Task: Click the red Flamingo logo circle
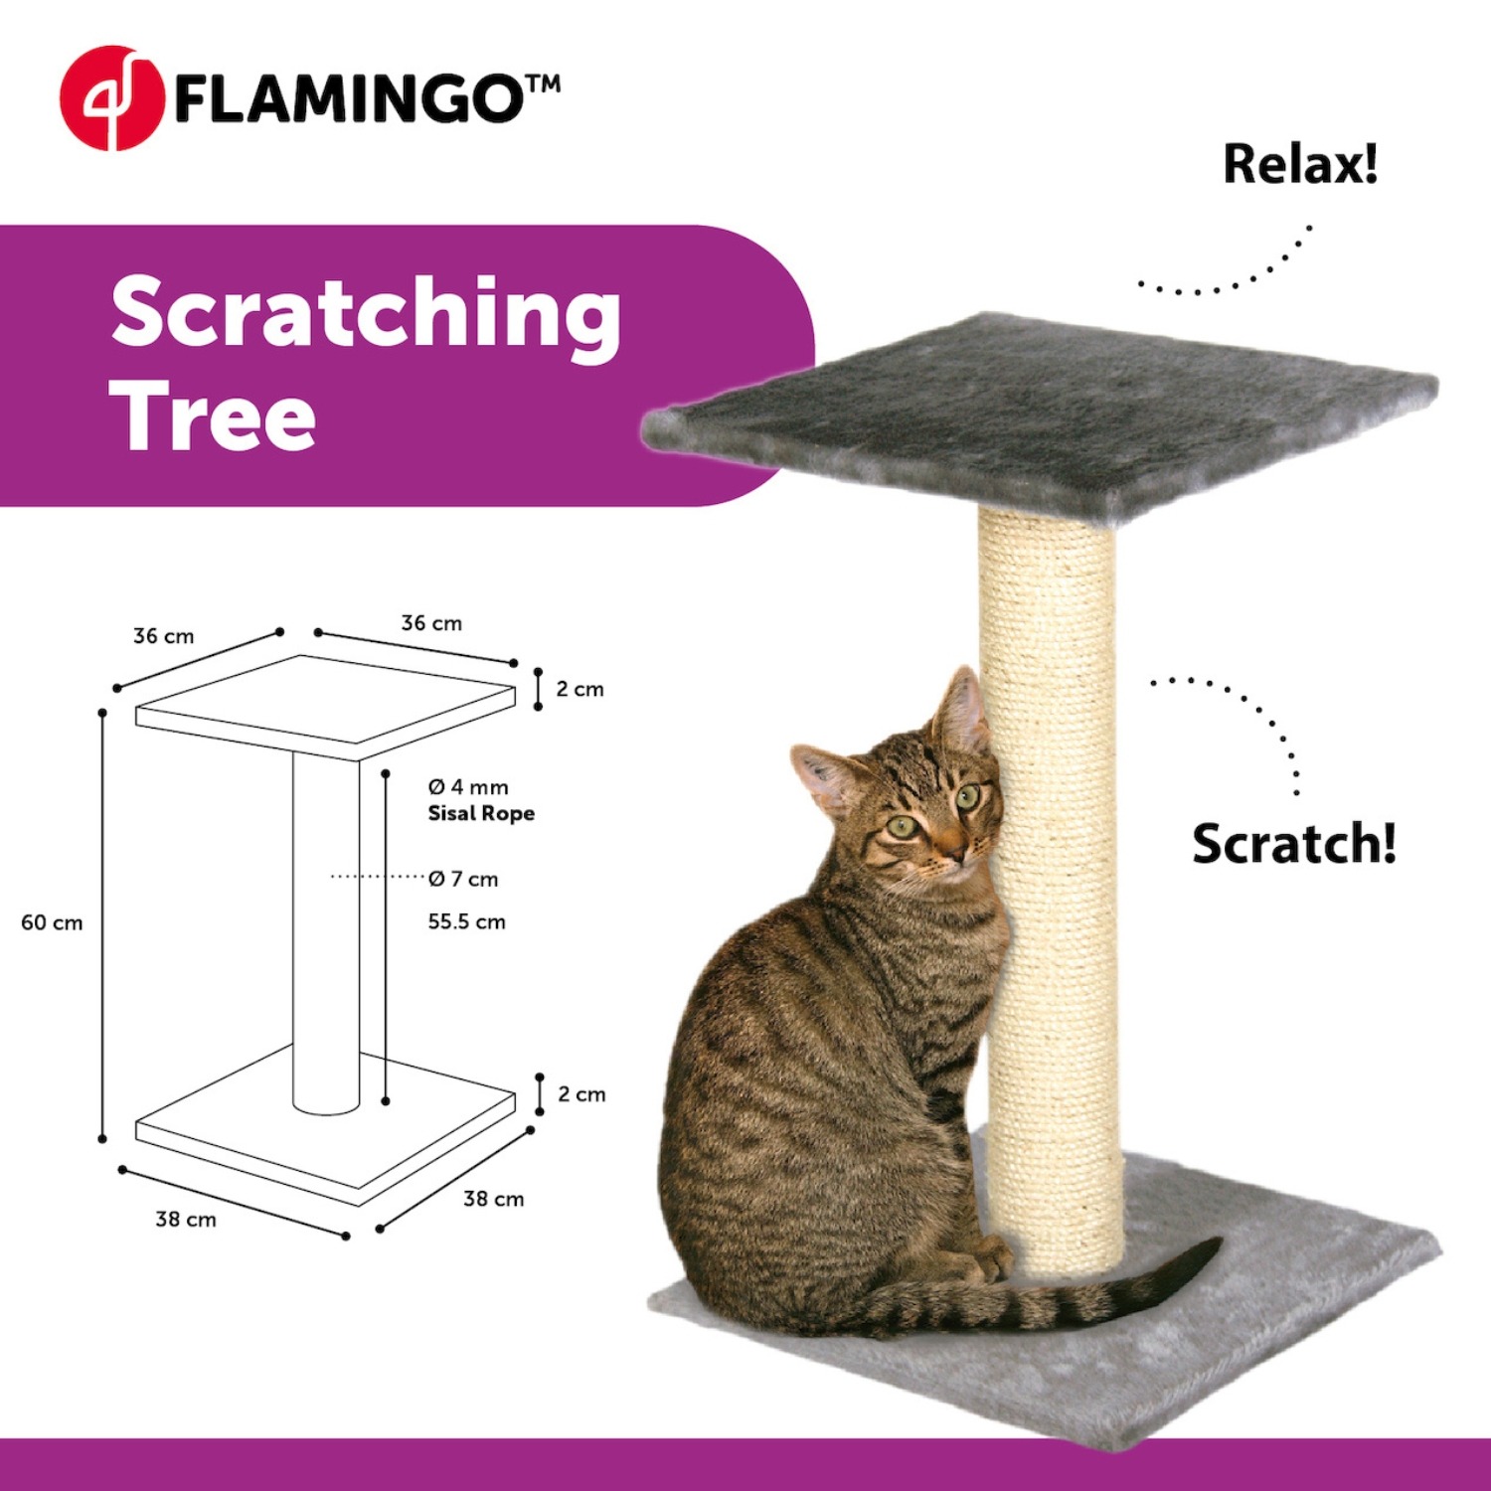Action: click(x=111, y=97)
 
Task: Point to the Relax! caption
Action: click(x=1300, y=164)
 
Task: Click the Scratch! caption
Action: click(x=1294, y=844)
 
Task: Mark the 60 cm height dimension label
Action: click(x=52, y=922)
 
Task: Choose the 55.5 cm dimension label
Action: click(x=466, y=921)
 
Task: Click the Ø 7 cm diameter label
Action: click(x=463, y=879)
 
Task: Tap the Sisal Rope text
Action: click(x=481, y=814)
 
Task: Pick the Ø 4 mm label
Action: click(x=468, y=787)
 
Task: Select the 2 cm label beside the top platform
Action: click(x=580, y=689)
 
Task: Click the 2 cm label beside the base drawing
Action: click(x=581, y=1094)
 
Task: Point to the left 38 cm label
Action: click(x=186, y=1220)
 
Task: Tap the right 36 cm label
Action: click(x=431, y=623)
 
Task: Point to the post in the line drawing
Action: click(x=326, y=931)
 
